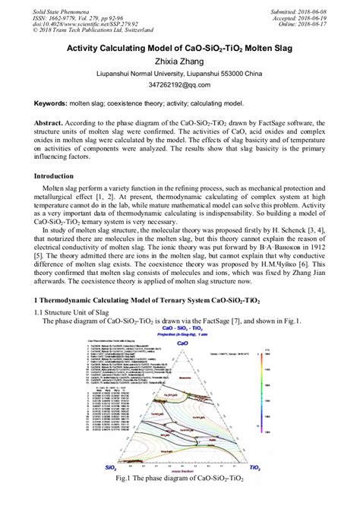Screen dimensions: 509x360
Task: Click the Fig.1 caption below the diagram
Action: [180, 479]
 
